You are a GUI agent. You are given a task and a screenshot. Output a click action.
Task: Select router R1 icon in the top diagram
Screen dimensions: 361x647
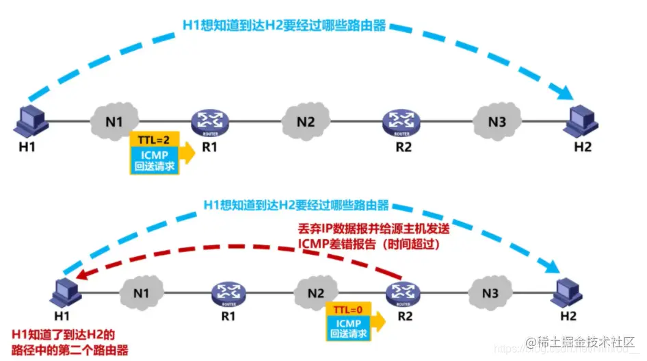pyautogui.click(x=209, y=122)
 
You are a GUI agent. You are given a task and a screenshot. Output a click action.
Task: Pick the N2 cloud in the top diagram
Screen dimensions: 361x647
pyautogui.click(x=305, y=123)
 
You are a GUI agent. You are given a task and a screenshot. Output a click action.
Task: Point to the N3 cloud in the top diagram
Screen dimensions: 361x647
pyautogui.click(x=497, y=123)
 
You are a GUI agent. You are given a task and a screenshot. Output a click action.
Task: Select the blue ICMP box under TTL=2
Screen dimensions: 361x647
pyautogui.click(x=155, y=160)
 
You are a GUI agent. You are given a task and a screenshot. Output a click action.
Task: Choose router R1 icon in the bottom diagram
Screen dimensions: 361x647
pyautogui.click(x=228, y=293)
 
